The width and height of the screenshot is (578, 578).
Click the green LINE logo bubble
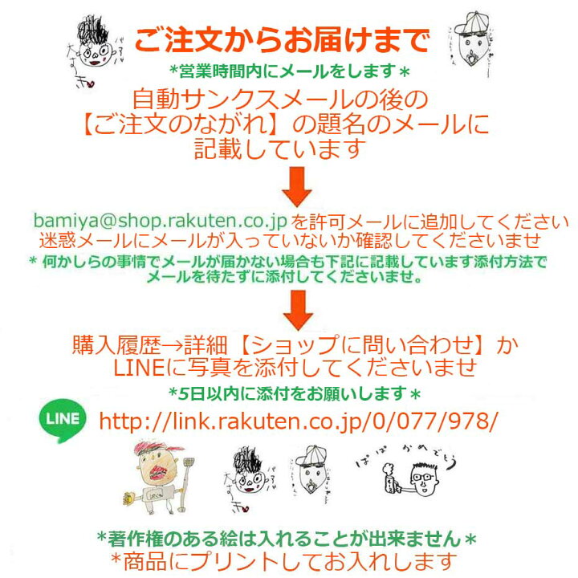(63, 420)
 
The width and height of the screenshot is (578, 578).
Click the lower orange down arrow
(299, 310)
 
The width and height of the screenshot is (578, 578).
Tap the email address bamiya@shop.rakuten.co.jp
(161, 221)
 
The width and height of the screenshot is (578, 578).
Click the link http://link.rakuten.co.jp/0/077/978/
(298, 419)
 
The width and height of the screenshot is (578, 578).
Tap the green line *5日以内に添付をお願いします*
(295, 393)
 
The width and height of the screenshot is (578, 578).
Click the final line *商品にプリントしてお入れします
(284, 560)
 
